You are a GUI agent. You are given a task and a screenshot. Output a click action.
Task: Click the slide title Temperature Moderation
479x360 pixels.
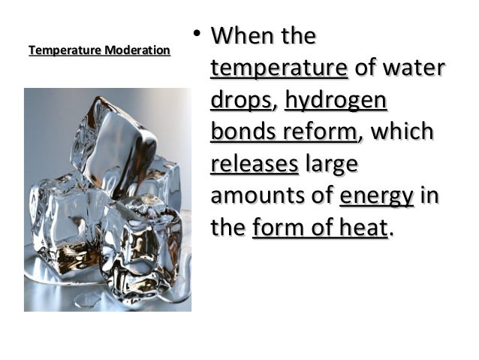tap(99, 51)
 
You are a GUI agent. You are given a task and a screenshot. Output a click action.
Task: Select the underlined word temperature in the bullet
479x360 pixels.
tap(279, 68)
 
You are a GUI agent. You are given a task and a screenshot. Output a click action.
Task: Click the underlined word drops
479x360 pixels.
tap(240, 101)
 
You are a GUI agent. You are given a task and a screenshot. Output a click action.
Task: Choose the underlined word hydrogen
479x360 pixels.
tap(336, 101)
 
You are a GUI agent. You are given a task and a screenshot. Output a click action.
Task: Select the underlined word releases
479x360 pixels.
tap(255, 164)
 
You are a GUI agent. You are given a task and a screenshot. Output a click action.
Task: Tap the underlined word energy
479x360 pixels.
tap(376, 197)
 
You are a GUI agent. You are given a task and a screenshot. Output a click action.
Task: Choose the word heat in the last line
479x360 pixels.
tap(358, 228)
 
